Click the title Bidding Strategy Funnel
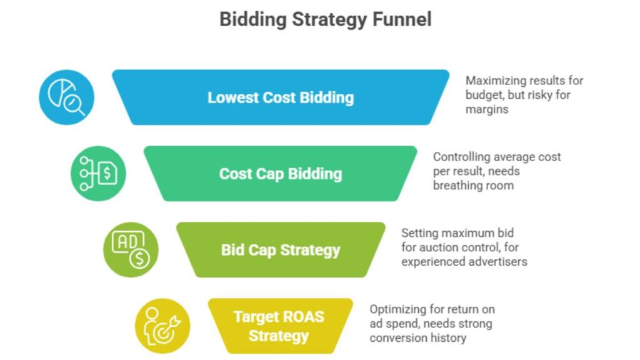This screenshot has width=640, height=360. coord(325,19)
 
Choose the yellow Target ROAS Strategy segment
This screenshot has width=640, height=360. coord(280,326)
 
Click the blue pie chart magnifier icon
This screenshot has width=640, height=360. coord(66,97)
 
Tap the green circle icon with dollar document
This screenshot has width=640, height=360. coord(98,174)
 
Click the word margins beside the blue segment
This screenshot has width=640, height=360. coord(487,109)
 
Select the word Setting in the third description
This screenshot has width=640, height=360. coord(420,233)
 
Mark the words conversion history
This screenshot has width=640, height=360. coord(417,338)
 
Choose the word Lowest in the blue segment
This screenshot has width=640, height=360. coord(229,97)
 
